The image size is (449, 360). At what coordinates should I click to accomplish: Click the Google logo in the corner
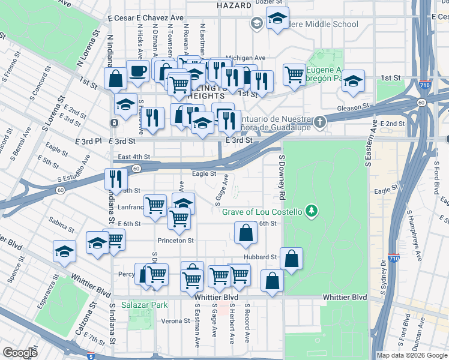pyautogui.click(x=20, y=353)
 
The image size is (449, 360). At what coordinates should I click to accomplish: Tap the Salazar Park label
pyautogui.click(x=143, y=305)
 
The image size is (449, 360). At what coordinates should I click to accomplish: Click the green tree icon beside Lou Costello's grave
pyautogui.click(x=311, y=211)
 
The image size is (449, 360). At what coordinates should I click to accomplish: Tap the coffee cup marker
pyautogui.click(x=137, y=71)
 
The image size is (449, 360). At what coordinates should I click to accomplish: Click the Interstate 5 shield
pyautogui.click(x=91, y=356)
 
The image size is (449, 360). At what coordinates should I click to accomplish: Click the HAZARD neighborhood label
pyautogui.click(x=234, y=5)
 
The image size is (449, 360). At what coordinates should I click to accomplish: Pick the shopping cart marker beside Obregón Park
pyautogui.click(x=294, y=75)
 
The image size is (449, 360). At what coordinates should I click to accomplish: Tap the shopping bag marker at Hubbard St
pyautogui.click(x=291, y=259)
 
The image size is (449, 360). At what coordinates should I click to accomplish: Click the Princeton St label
pyautogui.click(x=175, y=241)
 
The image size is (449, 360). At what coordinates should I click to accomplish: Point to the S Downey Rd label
pyautogui.click(x=280, y=178)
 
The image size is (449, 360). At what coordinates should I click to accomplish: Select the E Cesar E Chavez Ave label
pyautogui.click(x=146, y=18)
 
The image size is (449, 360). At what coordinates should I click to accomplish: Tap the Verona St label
pyautogui.click(x=175, y=321)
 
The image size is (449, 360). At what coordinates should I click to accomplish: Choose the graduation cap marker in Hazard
pyautogui.click(x=277, y=19)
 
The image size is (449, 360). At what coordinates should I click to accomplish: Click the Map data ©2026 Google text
pyautogui.click(x=411, y=355)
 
